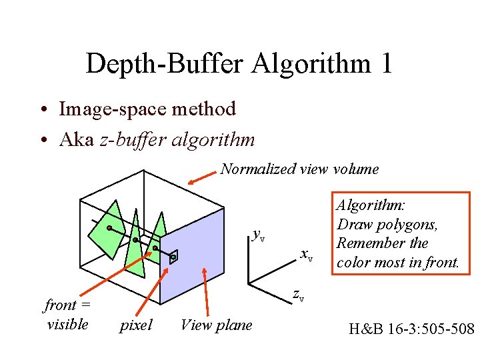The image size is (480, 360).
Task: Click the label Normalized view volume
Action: (x=299, y=169)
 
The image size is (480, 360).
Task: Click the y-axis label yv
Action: (x=258, y=234)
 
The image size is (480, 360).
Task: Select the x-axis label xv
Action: (x=306, y=254)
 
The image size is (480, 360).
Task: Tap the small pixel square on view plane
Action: (x=173, y=257)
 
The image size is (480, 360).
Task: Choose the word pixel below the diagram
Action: (x=136, y=325)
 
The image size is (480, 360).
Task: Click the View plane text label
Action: (x=217, y=325)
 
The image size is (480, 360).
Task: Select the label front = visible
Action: (x=67, y=315)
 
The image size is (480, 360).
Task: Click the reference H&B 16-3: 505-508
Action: (x=411, y=329)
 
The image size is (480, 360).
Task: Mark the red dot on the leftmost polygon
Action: (x=109, y=228)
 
